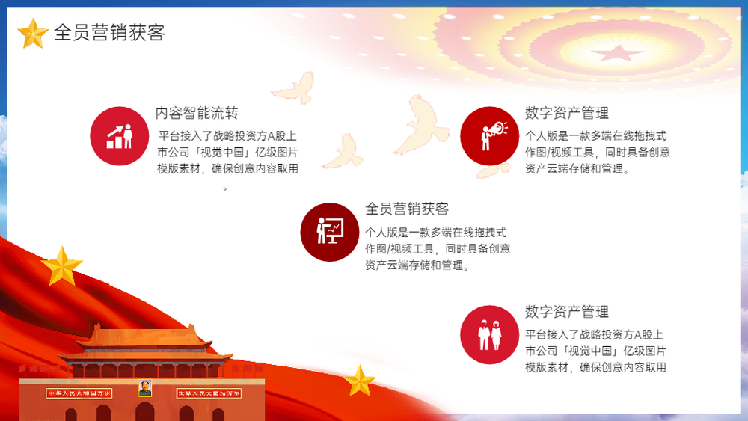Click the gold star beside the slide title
[32, 34]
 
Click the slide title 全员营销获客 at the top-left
[109, 32]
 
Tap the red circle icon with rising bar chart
[119, 136]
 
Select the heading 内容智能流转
[197, 113]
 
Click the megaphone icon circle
[489, 136]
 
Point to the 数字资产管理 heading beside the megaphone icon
[567, 113]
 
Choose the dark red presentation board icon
[330, 233]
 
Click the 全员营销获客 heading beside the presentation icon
[407, 209]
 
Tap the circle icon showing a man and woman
[489, 335]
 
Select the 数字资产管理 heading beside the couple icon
[567, 312]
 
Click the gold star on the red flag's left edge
[62, 266]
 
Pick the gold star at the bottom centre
[359, 381]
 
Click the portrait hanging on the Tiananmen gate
[145, 388]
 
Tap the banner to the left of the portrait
[79, 393]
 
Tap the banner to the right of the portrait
[209, 393]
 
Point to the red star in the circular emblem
[619, 52]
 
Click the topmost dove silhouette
[294, 87]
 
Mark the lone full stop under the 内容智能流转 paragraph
[225, 188]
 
